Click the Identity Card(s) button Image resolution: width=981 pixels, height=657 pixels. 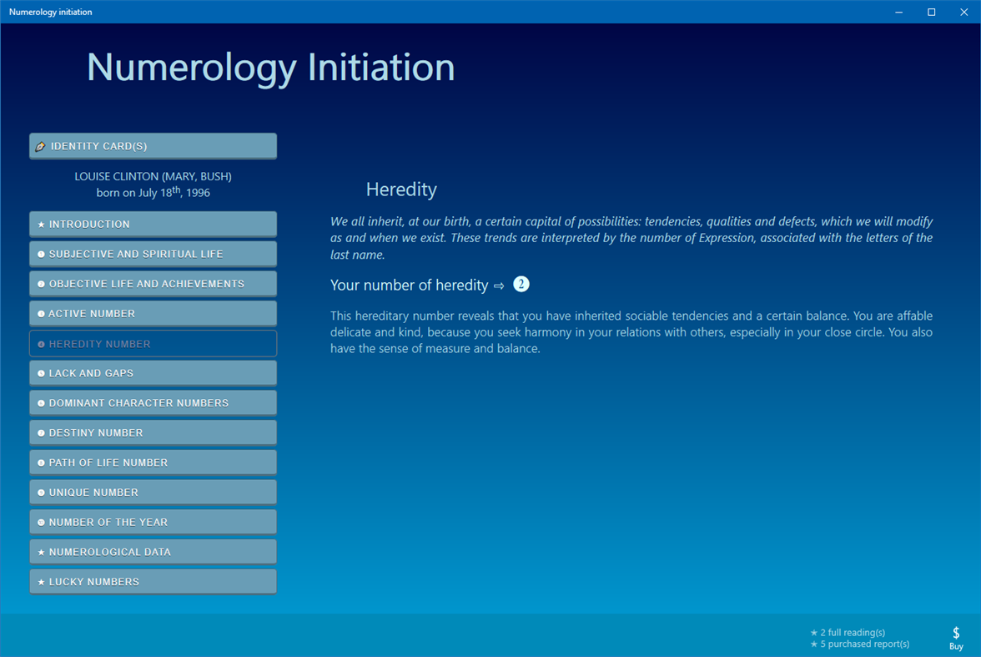coord(153,146)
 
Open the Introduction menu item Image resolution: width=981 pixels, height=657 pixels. coord(153,225)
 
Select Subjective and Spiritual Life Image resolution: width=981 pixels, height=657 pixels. coord(153,254)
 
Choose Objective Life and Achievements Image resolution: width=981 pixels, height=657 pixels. coord(153,284)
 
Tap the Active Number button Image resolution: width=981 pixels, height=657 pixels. coord(153,314)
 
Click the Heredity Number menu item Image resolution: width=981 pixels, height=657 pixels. coord(153,344)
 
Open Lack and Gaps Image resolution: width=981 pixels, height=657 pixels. coord(153,373)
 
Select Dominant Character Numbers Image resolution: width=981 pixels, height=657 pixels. coord(153,403)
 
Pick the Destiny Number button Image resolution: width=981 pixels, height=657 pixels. coord(153,433)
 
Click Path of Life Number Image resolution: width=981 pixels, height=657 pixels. coord(153,462)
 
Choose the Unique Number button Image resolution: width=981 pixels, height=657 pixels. coord(153,493)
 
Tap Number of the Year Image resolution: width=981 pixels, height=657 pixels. coord(153,523)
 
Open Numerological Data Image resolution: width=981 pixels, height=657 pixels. coord(153,552)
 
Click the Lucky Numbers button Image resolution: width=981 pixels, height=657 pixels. coord(153,582)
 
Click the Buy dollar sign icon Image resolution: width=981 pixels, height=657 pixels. coord(956,634)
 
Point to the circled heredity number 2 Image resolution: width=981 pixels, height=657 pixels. coord(521,285)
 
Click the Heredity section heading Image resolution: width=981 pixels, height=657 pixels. coord(401,190)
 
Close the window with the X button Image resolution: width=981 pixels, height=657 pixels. coord(963,12)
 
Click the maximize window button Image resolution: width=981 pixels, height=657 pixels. coord(932,12)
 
